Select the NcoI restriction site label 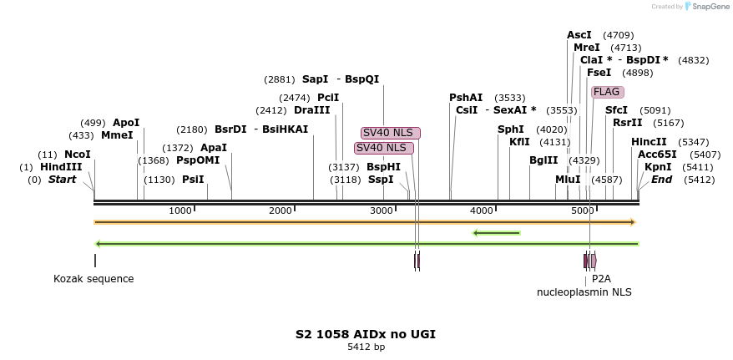point(77,155)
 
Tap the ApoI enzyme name point(126,123)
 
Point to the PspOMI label point(197,160)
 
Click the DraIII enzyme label point(311,110)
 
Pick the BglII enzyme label point(543,160)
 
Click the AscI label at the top point(579,35)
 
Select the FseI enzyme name point(599,73)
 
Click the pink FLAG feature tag point(606,92)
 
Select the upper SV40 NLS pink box point(391,133)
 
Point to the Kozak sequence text point(94,279)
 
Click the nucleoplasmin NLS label point(584,292)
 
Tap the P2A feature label point(601,279)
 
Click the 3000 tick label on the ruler point(382,210)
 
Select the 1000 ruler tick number point(180,210)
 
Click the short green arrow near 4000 point(497,233)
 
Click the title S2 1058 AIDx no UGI point(366,334)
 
